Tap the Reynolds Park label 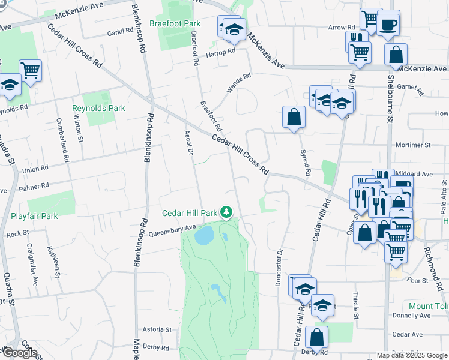[98, 109]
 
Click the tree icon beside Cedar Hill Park [226, 213]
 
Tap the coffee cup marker [389, 24]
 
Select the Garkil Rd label [120, 32]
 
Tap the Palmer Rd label [33, 188]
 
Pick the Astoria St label [157, 330]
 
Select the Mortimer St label [412, 145]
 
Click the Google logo [20, 353]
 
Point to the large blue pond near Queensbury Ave [204, 235]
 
